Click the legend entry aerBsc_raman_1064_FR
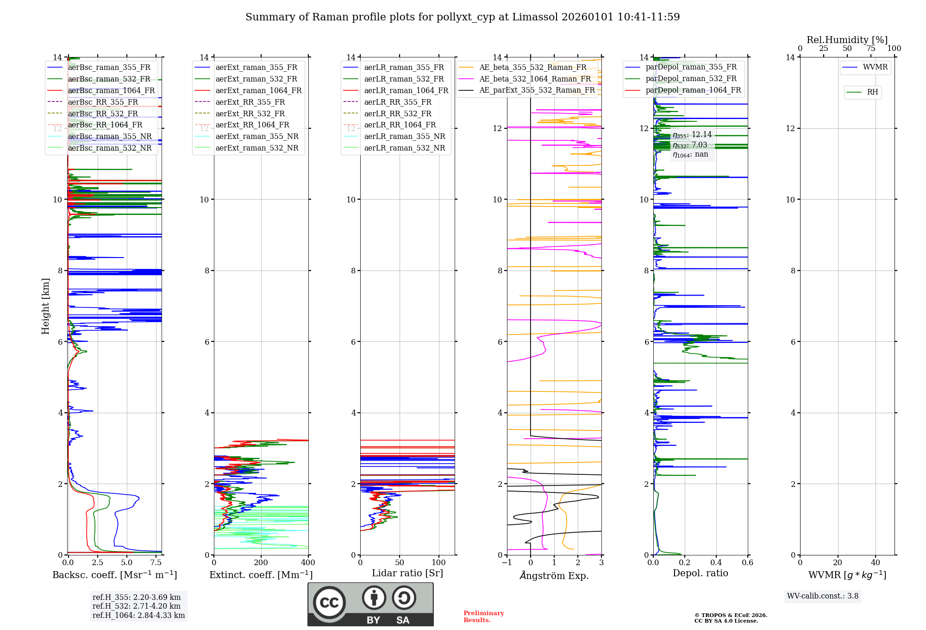111,91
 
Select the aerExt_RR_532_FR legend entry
250,114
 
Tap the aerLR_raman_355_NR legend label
404,137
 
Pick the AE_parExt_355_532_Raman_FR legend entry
537,90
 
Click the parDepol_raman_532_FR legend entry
691,79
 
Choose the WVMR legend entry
875,67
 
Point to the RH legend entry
872,92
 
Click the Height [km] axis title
45,306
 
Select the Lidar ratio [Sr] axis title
407,573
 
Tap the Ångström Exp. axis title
554,576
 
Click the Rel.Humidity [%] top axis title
847,40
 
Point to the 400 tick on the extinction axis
308,563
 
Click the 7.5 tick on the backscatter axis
156,563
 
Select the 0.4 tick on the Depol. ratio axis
716,563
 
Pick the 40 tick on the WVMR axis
876,563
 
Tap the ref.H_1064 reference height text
138,616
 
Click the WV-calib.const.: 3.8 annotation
823,596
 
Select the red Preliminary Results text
483,617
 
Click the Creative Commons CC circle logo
329,603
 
